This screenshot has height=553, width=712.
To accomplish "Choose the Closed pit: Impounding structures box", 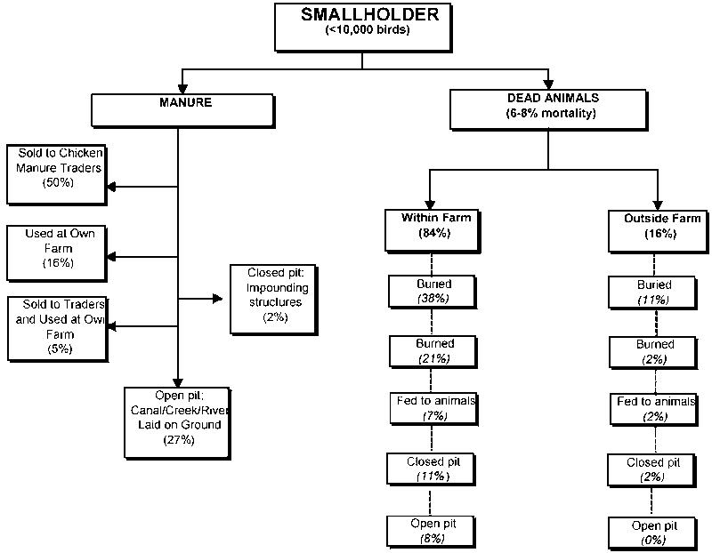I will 268,298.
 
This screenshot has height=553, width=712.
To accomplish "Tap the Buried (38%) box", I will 432,291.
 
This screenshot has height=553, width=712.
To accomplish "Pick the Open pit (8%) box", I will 433,530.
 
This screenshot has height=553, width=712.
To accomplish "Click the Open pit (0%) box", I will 654,531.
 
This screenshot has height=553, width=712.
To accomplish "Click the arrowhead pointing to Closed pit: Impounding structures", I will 219,298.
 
